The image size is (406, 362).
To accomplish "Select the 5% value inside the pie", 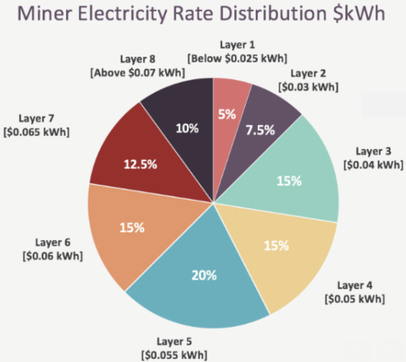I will point(227,114).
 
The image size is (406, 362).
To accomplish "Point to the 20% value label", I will point(204,275).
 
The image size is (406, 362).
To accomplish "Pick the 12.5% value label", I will point(140,164).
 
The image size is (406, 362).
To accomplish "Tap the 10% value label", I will point(187,128).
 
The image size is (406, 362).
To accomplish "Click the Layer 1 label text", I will point(237,45).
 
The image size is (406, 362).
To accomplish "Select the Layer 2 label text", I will point(308,74).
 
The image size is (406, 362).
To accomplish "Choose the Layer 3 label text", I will point(374,152).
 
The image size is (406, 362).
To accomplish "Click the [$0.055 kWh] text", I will point(174,356).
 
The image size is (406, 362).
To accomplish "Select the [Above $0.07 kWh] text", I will point(137,73).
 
